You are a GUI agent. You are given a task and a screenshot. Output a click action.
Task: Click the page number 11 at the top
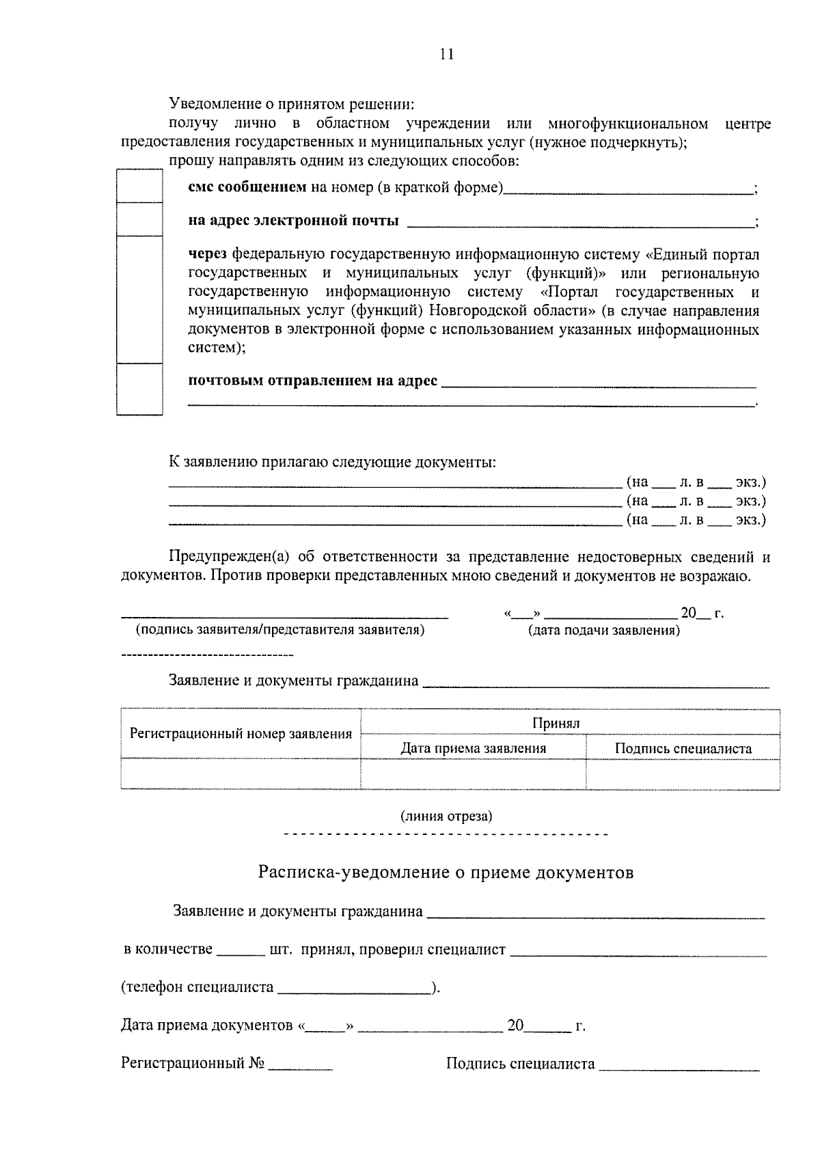coord(447,55)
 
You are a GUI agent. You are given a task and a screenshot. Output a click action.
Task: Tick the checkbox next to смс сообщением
coord(139,186)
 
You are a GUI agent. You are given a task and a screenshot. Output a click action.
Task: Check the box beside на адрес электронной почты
coord(139,219)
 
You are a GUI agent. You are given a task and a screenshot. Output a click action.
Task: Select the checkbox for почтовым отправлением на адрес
coord(139,389)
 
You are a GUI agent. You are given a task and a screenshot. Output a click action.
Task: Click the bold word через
coord(208,255)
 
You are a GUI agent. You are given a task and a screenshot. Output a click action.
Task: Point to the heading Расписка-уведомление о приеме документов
coord(446,873)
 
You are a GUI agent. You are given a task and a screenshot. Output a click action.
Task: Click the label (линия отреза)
coord(446,816)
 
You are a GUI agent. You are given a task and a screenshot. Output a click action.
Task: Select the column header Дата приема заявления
coord(473,748)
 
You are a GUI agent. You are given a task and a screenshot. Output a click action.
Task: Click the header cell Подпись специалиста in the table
coord(683,748)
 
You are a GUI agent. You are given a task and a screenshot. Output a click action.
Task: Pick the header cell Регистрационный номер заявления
coord(241,734)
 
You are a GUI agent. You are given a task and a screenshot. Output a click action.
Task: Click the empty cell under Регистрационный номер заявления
coord(241,773)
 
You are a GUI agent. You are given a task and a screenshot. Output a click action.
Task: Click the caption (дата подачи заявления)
coord(603,631)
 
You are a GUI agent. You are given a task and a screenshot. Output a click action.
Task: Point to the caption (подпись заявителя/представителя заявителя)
coord(280,630)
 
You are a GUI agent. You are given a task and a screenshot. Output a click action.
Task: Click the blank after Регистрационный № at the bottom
coord(301,1065)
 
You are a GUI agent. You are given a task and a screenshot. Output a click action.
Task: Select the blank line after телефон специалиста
coord(354,988)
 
